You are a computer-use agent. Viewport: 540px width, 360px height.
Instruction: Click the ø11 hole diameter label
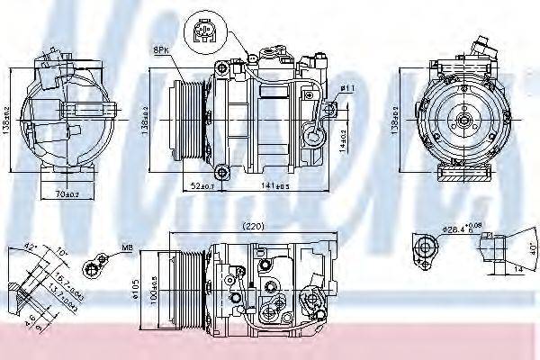(x=346, y=87)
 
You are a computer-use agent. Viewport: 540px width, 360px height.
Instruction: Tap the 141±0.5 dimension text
(x=276, y=185)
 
